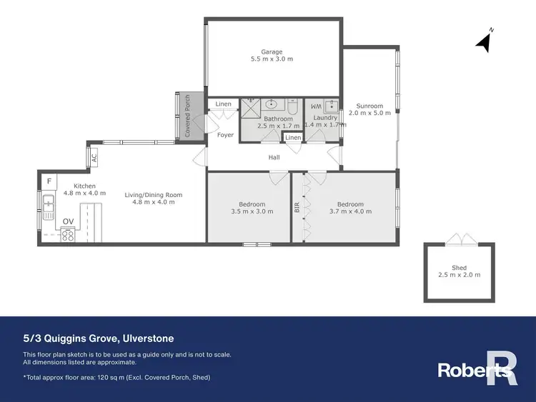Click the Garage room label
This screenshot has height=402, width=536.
[272, 51]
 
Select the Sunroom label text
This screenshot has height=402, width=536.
[371, 106]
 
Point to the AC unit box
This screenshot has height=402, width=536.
[94, 157]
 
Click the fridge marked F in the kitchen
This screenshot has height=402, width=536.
[49, 181]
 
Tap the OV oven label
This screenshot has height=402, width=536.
[68, 222]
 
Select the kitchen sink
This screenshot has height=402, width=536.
[49, 208]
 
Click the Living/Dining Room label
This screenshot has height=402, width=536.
[154, 195]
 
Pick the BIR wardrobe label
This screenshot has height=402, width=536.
[297, 208]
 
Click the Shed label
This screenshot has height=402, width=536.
[459, 268]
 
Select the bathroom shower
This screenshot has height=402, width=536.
[250, 109]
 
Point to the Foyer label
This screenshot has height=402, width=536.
[225, 135]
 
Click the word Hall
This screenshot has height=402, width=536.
[274, 157]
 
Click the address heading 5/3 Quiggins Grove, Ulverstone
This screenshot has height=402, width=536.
[98, 338]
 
